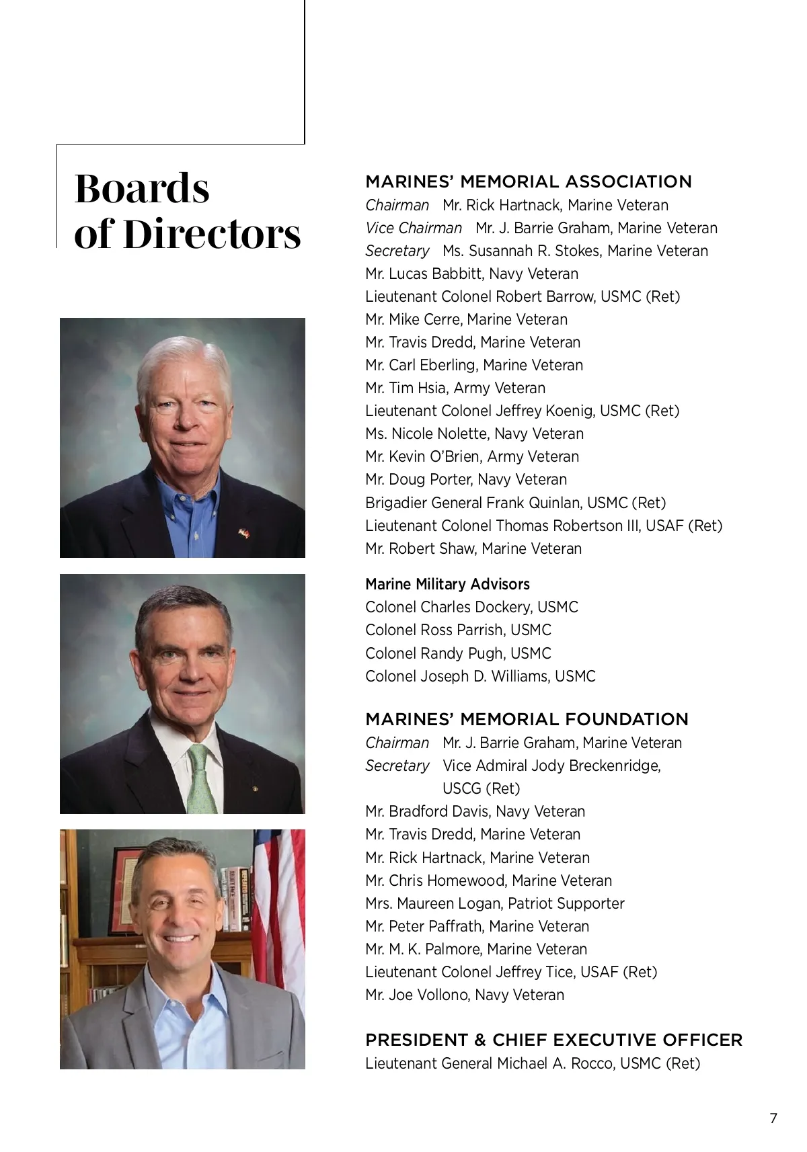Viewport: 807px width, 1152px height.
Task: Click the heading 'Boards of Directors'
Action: (187, 210)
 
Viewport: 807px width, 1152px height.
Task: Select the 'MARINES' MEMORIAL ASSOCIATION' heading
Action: (528, 181)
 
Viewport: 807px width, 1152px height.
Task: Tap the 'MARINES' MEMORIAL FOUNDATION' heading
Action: (527, 719)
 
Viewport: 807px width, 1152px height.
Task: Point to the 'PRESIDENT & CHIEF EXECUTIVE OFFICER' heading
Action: (553, 1040)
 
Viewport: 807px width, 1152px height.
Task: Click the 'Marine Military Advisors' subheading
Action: (447, 584)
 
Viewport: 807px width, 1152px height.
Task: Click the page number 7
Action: (773, 1118)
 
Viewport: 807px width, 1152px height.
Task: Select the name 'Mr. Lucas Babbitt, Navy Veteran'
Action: (471, 274)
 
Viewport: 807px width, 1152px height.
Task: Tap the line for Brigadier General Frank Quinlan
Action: (515, 503)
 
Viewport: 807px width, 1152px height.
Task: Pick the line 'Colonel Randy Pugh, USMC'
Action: (458, 653)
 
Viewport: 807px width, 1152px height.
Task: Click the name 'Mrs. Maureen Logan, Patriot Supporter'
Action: (494, 903)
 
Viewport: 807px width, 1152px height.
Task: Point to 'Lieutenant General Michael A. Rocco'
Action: (532, 1063)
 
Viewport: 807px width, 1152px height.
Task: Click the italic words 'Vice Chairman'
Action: (414, 228)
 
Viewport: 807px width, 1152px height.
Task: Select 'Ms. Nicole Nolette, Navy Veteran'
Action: (474, 434)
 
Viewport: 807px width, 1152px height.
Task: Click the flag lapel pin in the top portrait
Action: (244, 532)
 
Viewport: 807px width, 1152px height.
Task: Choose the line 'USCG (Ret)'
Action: (481, 788)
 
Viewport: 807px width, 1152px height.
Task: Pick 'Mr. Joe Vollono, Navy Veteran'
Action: (465, 995)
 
